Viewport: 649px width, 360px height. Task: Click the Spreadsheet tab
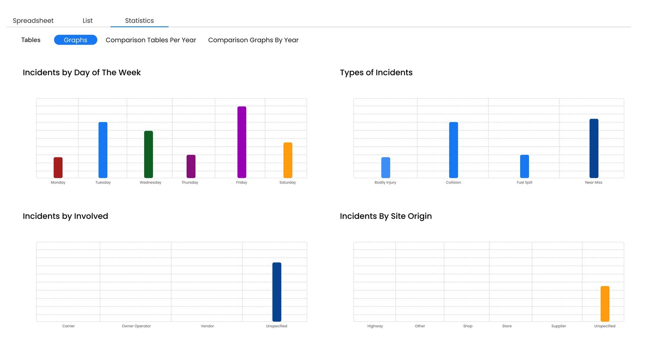tap(33, 21)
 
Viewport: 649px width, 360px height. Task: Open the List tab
tap(87, 21)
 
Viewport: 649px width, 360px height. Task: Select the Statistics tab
tap(139, 21)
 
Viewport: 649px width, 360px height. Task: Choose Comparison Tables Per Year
tap(151, 40)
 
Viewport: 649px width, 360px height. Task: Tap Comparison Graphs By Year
tap(253, 40)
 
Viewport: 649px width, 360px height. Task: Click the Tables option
tap(31, 40)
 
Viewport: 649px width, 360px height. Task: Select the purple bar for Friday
tap(242, 142)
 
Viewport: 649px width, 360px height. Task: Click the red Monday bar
tap(58, 167)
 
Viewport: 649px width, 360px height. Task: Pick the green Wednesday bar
tap(148, 154)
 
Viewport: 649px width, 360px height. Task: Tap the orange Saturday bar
tap(288, 160)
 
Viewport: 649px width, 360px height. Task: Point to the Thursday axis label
tap(190, 183)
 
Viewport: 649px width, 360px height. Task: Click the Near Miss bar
tap(594, 148)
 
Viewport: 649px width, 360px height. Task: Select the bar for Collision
tap(453, 150)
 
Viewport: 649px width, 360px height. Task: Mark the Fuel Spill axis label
tap(524, 183)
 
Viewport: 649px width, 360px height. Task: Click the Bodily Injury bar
tap(386, 167)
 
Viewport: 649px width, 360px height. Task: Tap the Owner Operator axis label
tap(136, 326)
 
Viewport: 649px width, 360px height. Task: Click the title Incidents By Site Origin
tap(386, 216)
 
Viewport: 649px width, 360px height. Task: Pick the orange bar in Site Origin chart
tap(605, 304)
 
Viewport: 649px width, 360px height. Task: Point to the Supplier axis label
tap(559, 326)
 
